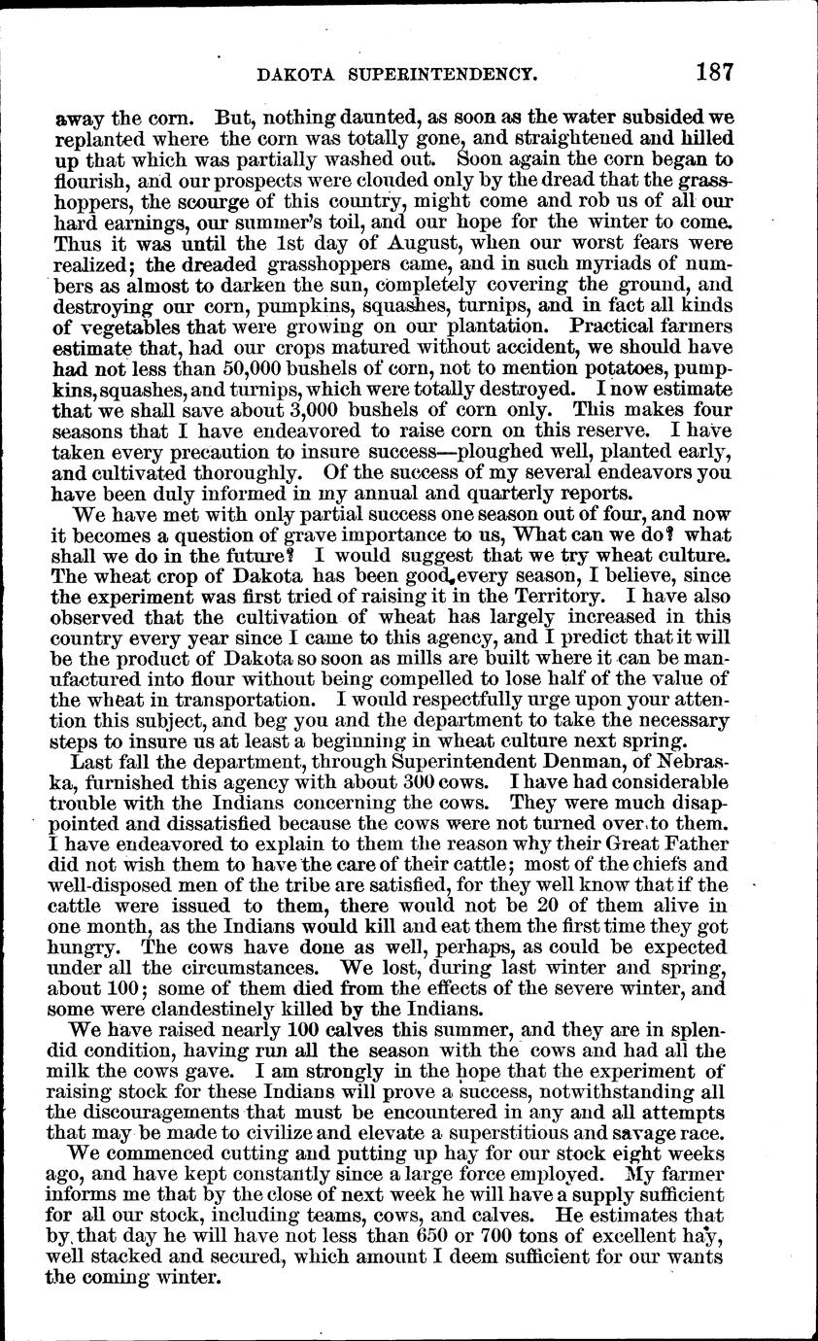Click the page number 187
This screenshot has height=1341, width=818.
[x=712, y=73]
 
